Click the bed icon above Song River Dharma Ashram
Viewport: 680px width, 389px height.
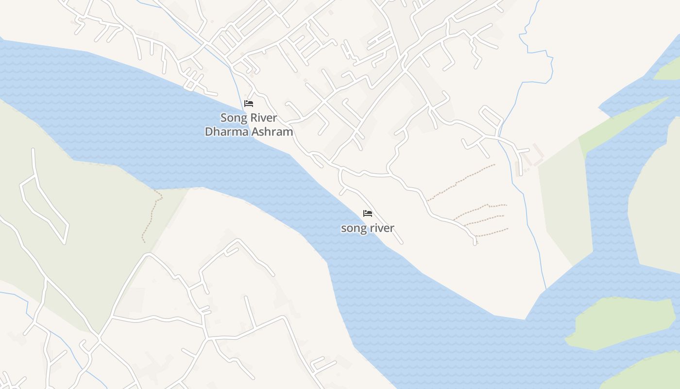coord(249,104)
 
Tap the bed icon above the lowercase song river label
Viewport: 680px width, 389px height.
coord(368,213)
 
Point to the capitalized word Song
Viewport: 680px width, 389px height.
coord(233,118)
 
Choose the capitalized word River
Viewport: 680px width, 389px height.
coord(264,118)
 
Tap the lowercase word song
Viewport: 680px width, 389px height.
coord(355,228)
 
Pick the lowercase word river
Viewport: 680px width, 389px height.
coord(382,228)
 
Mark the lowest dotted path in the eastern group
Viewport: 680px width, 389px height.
coord(491,232)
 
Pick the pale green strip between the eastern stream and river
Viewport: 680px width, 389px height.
coord(563,204)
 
